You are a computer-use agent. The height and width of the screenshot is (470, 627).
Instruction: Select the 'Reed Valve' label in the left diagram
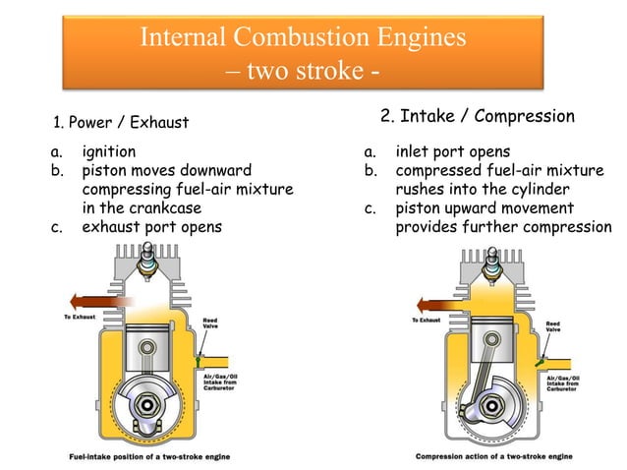pos(211,322)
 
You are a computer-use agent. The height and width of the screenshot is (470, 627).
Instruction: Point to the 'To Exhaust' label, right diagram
pos(426,320)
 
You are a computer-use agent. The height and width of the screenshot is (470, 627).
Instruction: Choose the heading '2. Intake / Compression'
pos(478,117)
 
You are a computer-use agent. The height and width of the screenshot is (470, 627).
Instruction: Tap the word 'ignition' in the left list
pos(109,152)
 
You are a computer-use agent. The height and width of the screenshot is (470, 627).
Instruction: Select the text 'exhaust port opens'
pos(152,225)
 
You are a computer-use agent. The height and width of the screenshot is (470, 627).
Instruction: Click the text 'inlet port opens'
pos(452,152)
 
